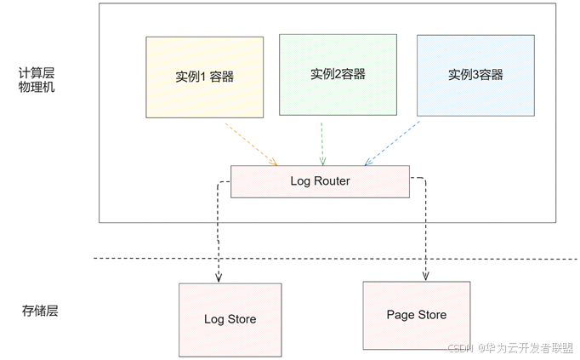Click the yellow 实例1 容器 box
[x=204, y=77]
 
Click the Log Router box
[x=320, y=181]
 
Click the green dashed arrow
[x=321, y=143]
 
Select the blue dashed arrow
[x=393, y=143]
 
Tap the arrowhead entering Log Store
[x=219, y=277]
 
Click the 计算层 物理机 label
[x=36, y=80]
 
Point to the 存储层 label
[x=39, y=311]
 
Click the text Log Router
[x=320, y=181]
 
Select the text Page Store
[x=416, y=314]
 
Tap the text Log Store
[x=230, y=319]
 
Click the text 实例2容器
[x=338, y=74]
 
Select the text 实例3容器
[x=475, y=74]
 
